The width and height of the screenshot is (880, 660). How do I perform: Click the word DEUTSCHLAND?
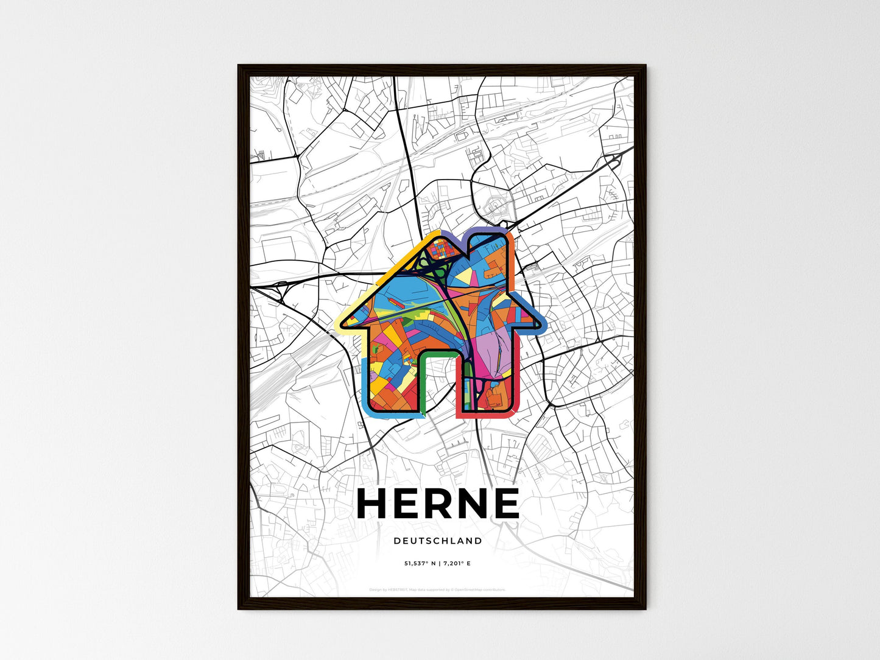[438, 541]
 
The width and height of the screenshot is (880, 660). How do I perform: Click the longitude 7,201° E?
[455, 564]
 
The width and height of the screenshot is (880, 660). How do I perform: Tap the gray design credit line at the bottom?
[437, 589]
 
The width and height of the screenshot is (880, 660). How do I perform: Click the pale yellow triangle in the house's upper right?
[465, 277]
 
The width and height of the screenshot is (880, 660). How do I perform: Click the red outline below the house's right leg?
[487, 417]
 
